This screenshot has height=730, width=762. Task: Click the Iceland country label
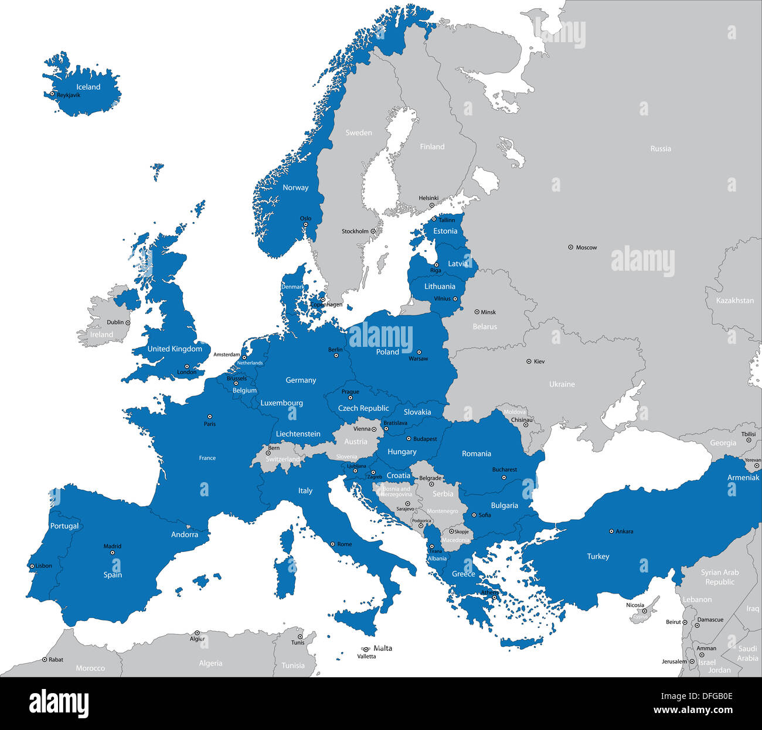point(89,87)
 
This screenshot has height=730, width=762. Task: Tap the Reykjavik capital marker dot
point(52,94)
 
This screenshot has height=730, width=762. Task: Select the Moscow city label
point(586,248)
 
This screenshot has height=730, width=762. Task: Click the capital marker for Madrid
point(113,552)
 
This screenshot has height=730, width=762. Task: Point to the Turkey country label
point(598,557)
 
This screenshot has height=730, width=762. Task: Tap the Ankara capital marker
point(611,531)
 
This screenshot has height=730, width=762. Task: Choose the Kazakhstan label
point(734,301)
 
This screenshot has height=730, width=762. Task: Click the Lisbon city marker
point(32,566)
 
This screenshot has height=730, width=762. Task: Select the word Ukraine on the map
point(562,384)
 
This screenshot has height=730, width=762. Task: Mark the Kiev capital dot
point(529,361)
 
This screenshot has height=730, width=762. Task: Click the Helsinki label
point(428,198)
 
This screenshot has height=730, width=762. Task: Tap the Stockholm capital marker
point(373,231)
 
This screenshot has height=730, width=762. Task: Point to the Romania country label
point(476,453)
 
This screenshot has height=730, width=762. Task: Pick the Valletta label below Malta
point(366,656)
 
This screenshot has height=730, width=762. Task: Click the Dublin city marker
point(128,322)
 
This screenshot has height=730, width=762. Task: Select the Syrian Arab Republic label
point(720,577)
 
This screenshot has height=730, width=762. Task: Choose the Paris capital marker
point(209,417)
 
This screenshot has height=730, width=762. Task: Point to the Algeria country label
point(210,663)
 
